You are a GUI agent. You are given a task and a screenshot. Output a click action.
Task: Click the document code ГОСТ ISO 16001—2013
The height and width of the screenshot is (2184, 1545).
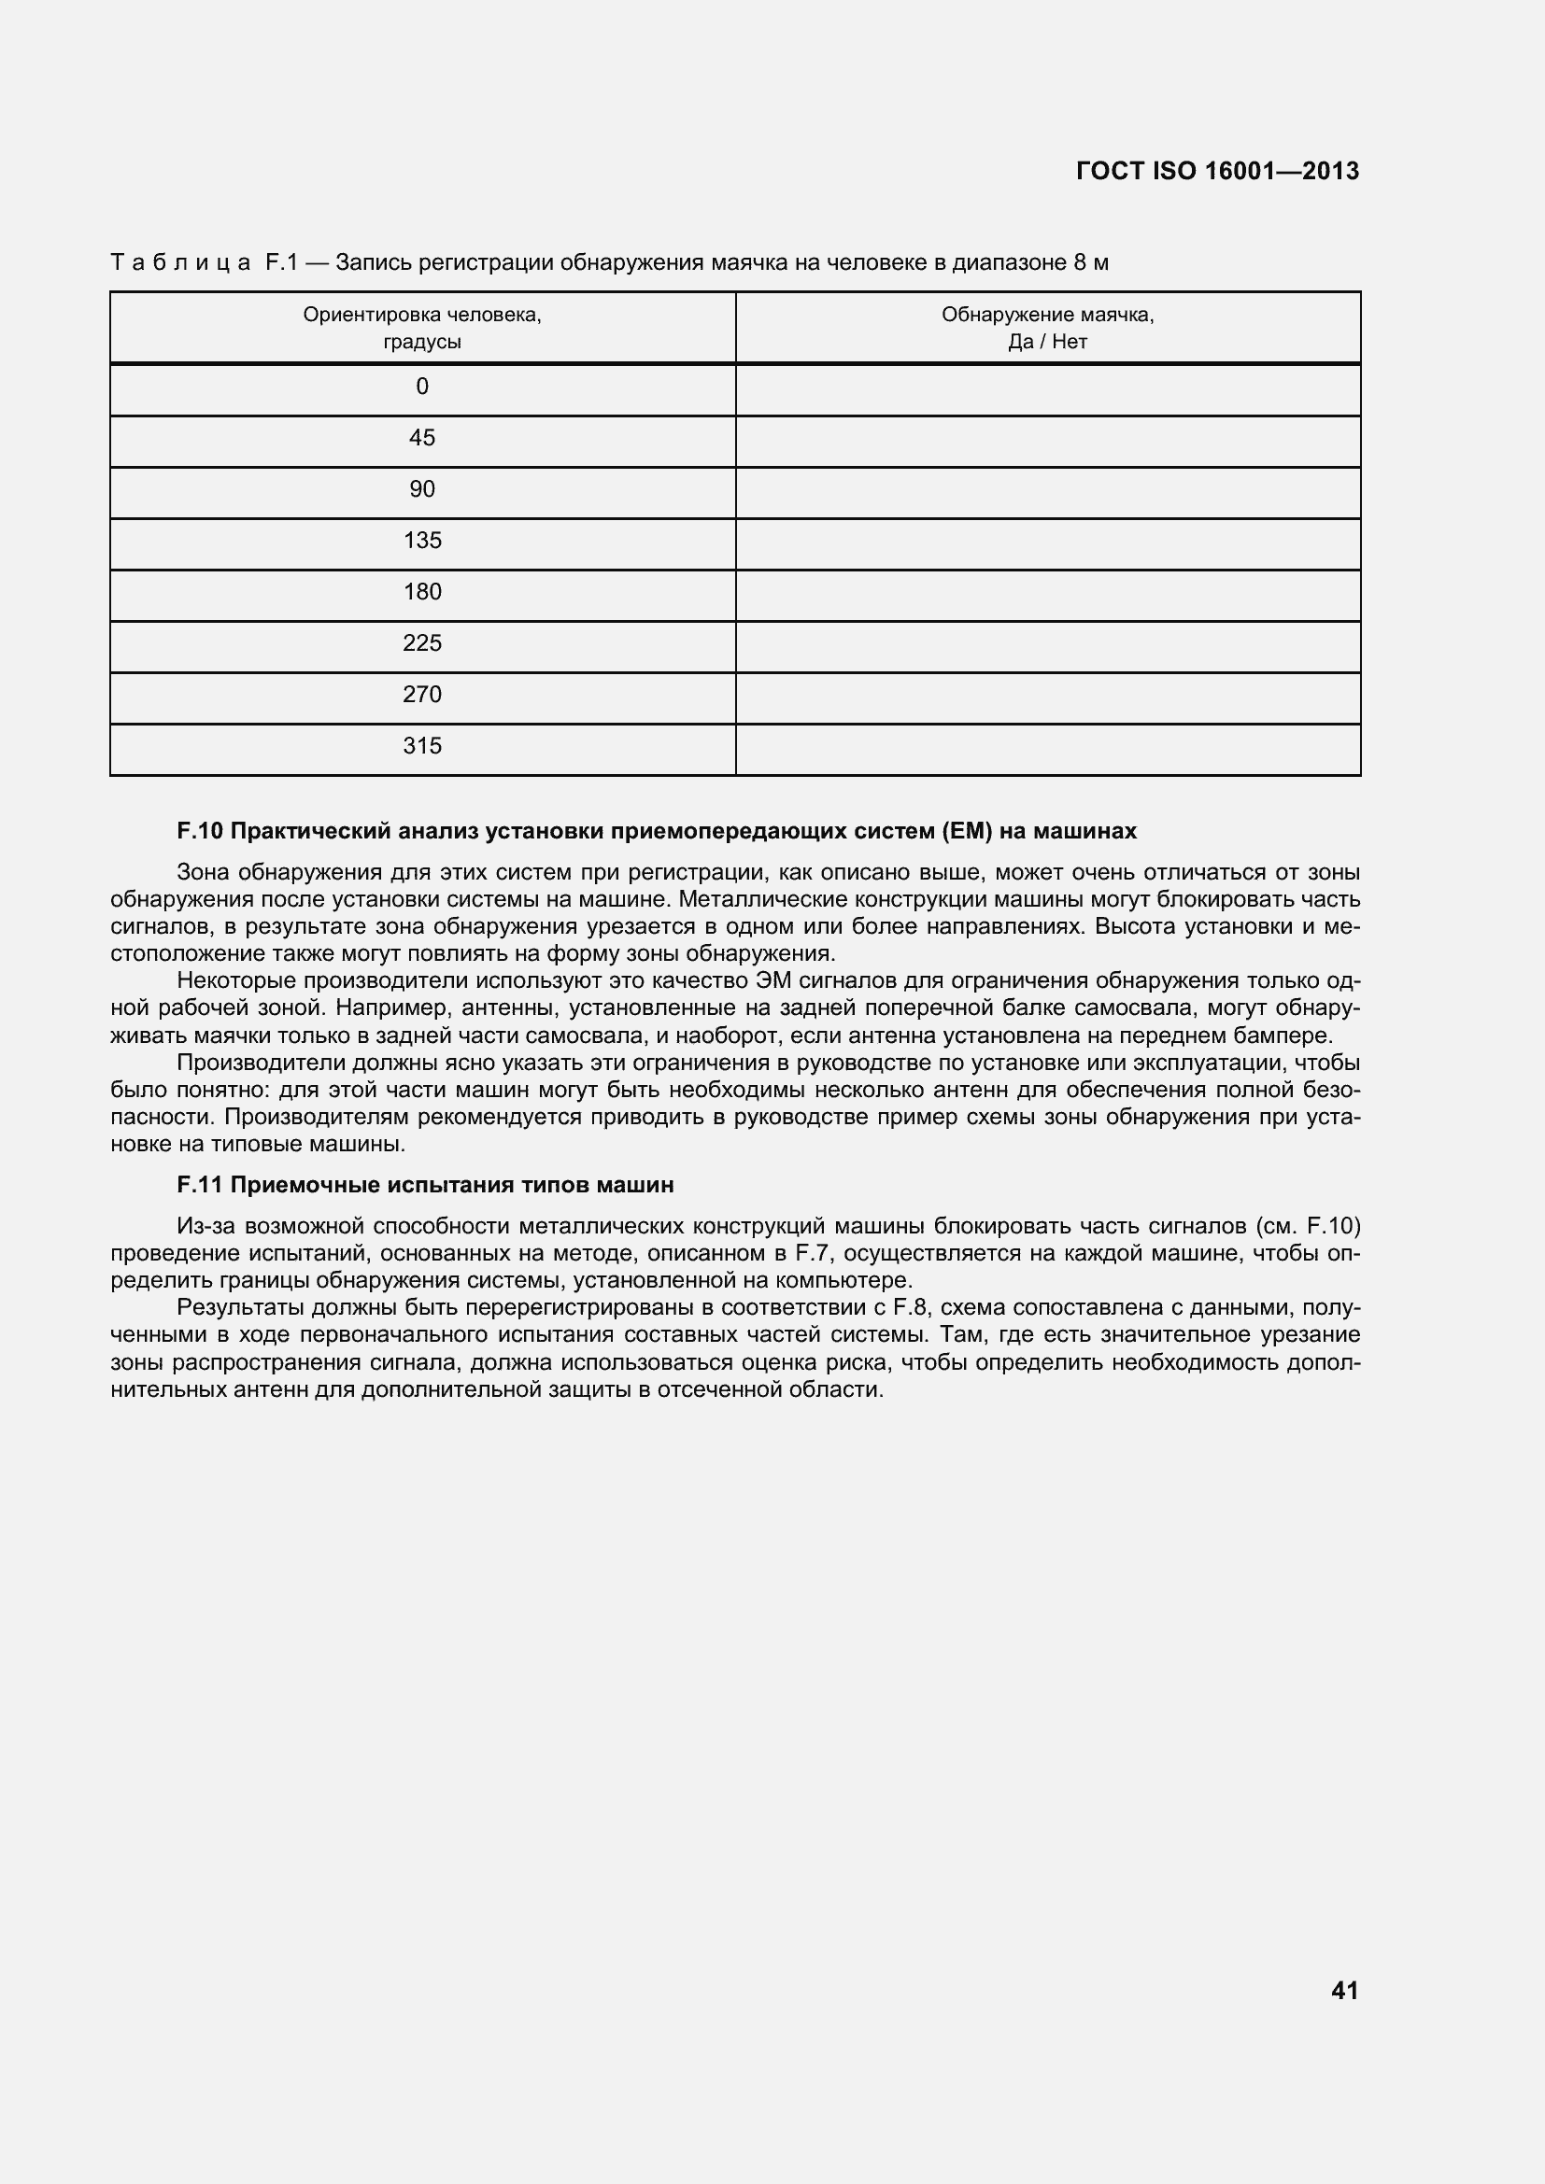point(1217,171)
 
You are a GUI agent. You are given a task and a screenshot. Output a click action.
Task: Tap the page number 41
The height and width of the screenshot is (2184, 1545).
point(1344,1990)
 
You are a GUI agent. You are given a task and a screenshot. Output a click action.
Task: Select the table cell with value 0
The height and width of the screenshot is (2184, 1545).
point(422,387)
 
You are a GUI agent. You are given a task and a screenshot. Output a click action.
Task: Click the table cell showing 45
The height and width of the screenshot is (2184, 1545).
point(422,439)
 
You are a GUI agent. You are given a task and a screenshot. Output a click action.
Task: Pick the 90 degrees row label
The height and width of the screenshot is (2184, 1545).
point(422,490)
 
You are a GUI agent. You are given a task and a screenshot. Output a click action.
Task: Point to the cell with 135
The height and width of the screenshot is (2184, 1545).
point(422,542)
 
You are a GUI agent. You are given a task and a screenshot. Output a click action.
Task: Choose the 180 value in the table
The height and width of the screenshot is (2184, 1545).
point(422,593)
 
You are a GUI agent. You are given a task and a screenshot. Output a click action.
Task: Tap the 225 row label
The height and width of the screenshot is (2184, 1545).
point(422,644)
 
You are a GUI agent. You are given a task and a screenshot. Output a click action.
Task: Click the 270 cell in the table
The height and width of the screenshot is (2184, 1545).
point(422,696)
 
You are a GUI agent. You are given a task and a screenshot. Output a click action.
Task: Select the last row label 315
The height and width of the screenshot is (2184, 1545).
point(422,747)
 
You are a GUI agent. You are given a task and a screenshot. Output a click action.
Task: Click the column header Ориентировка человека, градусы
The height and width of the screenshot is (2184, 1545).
point(422,328)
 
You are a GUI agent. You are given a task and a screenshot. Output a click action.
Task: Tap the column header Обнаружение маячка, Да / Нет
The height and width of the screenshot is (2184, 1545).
point(1047,328)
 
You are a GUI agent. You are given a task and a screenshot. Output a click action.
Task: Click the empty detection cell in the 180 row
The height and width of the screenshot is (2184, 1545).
point(1047,596)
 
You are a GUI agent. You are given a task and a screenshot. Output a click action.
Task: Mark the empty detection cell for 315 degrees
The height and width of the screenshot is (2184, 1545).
point(1047,750)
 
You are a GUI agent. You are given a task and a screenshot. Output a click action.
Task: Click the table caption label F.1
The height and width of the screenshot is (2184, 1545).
point(281,262)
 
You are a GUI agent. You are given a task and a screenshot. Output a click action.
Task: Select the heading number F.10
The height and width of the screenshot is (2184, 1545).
point(200,831)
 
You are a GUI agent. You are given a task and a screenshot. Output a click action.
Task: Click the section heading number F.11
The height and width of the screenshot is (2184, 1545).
point(200,1185)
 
